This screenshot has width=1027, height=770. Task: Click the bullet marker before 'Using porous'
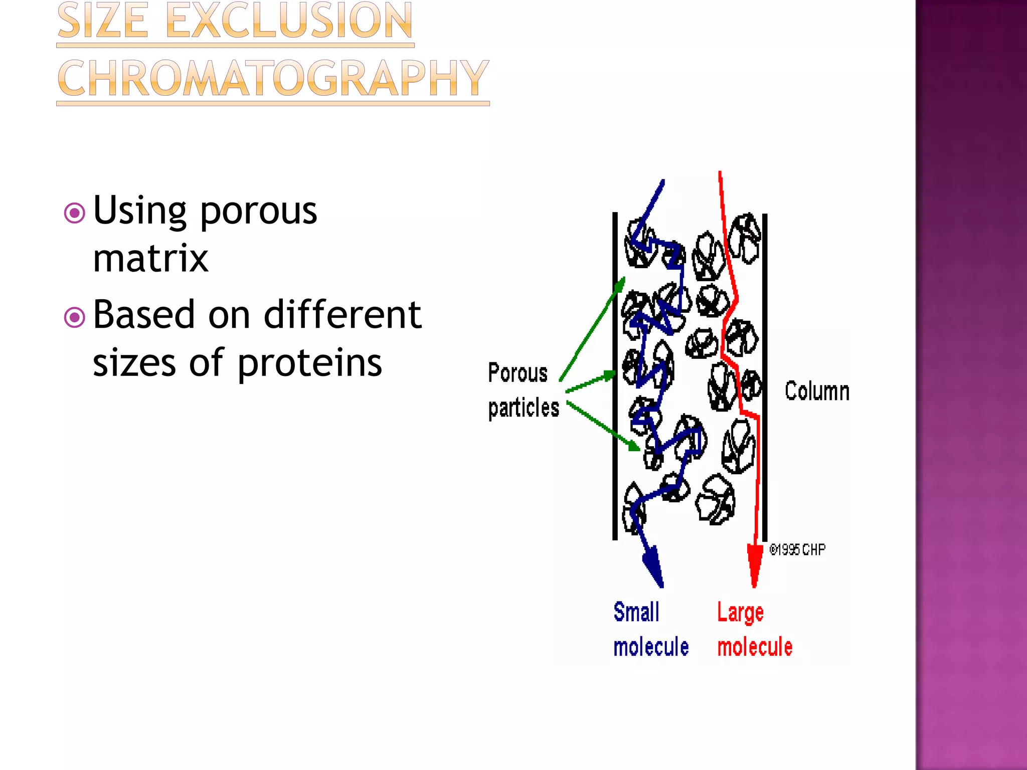(75, 213)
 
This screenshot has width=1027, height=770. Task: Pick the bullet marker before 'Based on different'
(75, 317)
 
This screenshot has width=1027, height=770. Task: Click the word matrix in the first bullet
(150, 259)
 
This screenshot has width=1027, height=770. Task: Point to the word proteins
(309, 362)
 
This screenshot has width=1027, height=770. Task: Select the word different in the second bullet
(343, 315)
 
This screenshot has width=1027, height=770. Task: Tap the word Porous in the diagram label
(518, 373)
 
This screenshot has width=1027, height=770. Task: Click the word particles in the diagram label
(524, 408)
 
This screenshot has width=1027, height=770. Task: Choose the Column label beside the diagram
(817, 391)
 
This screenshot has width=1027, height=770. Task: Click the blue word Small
(636, 612)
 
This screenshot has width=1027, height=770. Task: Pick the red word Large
(740, 613)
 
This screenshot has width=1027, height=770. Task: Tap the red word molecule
(755, 647)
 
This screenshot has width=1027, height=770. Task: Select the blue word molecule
(651, 647)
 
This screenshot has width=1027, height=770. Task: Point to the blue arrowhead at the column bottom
(653, 566)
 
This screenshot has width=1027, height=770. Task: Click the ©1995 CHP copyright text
(797, 550)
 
